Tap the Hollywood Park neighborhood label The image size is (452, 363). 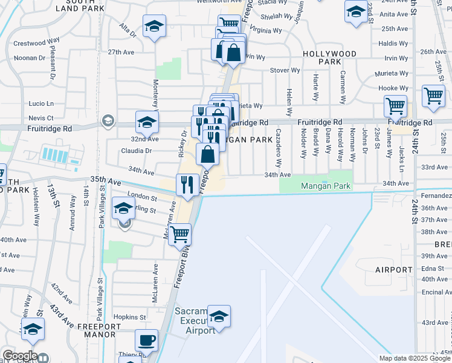329,57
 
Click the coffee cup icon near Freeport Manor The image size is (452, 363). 146,341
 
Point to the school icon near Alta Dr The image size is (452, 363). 154,27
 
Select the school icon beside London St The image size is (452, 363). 124,209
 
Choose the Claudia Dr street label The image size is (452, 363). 136,151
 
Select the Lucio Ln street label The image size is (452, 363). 41,103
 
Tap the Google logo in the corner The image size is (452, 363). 19,356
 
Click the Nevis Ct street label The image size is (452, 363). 41,118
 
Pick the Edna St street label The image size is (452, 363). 433,268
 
